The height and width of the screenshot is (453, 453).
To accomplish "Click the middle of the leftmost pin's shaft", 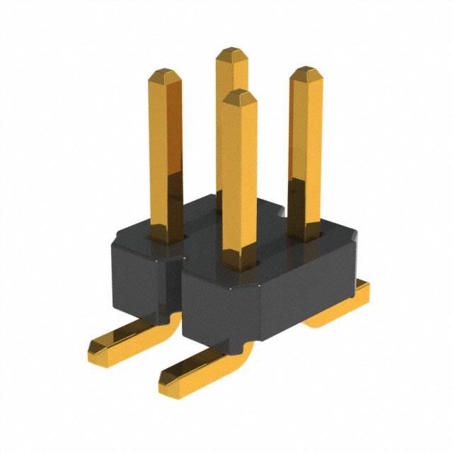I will (167, 156).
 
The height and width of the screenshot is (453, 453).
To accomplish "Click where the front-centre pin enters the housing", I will (239, 265).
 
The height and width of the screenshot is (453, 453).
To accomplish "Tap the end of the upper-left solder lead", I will (99, 347).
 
